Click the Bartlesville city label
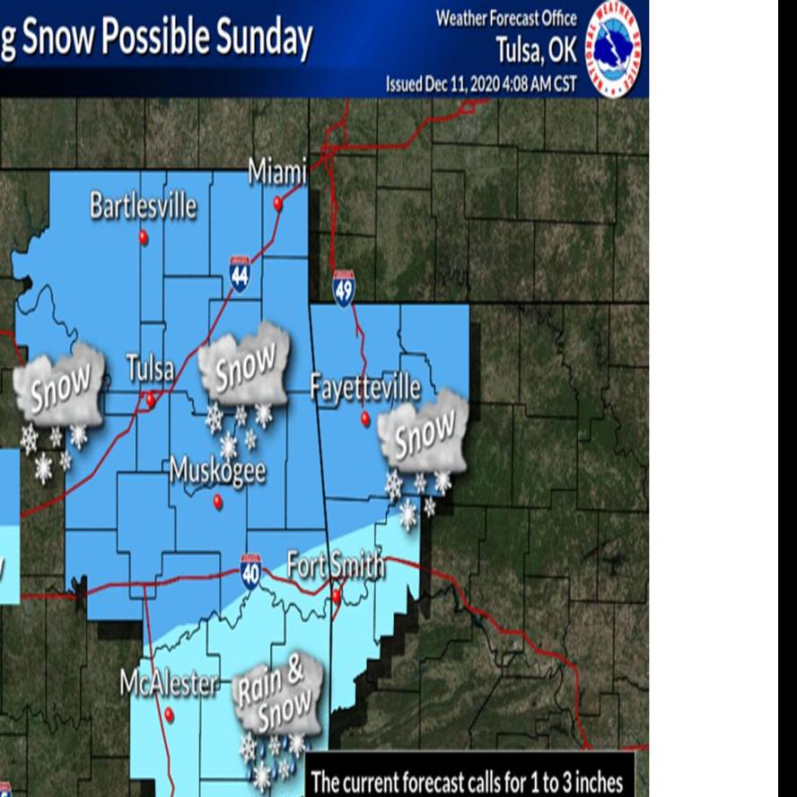pyautogui.click(x=143, y=206)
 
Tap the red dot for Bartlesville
pyautogui.click(x=143, y=237)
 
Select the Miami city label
pyautogui.click(x=277, y=171)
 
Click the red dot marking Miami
pyautogui.click(x=278, y=204)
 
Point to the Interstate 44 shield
pyautogui.click(x=240, y=273)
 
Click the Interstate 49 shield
pyautogui.click(x=344, y=288)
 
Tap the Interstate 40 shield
pyautogui.click(x=250, y=571)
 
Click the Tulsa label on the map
pyautogui.click(x=150, y=369)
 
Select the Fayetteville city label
pyautogui.click(x=365, y=388)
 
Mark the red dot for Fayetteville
pyautogui.click(x=365, y=418)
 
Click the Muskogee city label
pyautogui.click(x=217, y=470)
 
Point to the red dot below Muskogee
pyautogui.click(x=217, y=503)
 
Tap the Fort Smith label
pyautogui.click(x=336, y=565)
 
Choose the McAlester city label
pyautogui.click(x=169, y=684)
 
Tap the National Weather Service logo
pyautogui.click(x=615, y=48)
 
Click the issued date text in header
pyautogui.click(x=481, y=84)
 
